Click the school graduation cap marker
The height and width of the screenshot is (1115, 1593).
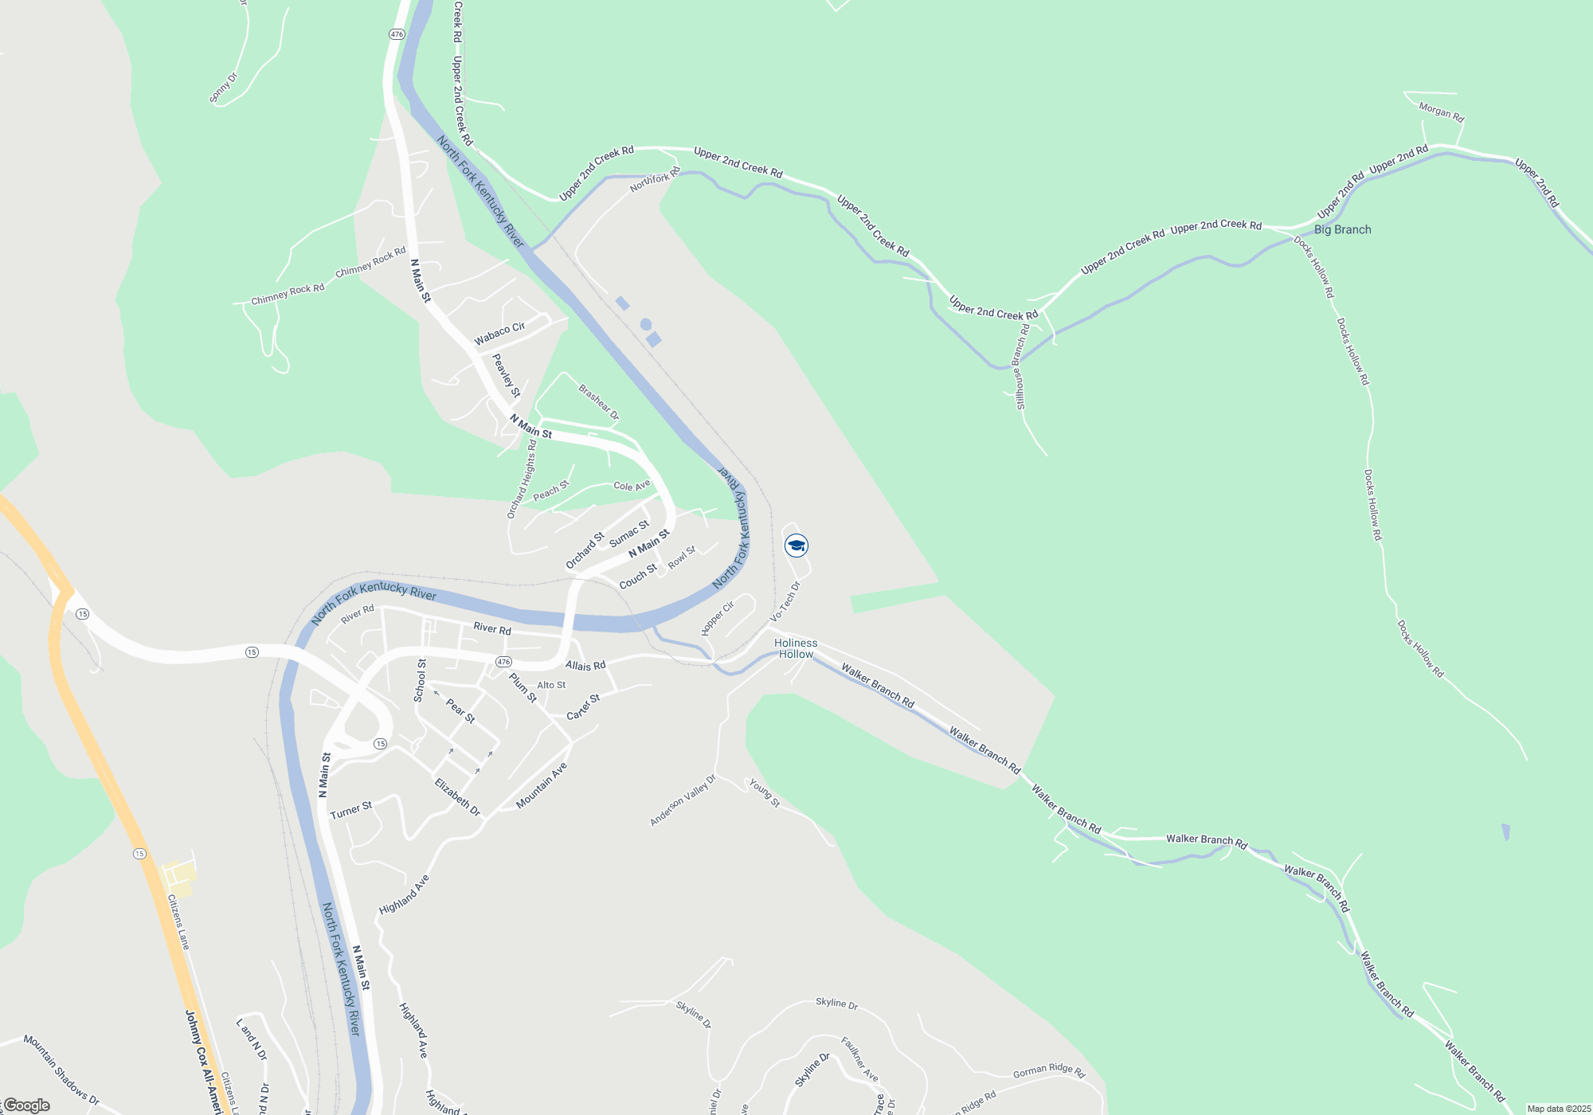tap(796, 546)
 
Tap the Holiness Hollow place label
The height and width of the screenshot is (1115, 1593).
tap(796, 648)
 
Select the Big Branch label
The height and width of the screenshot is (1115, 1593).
tap(1342, 229)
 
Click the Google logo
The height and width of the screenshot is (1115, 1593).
tap(27, 1105)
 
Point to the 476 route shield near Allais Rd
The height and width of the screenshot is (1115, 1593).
tap(503, 662)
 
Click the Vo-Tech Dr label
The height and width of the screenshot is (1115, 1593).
tap(785, 602)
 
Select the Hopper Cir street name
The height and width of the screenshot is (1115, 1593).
tap(718, 619)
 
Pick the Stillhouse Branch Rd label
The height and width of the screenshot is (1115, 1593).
tap(1021, 366)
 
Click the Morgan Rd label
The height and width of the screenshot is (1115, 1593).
tap(1441, 112)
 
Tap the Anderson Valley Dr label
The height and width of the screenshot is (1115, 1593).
tap(683, 800)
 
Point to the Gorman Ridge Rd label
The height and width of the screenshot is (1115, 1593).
tap(1049, 1071)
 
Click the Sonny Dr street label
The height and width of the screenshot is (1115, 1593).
tap(223, 88)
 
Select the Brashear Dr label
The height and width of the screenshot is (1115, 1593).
tap(598, 402)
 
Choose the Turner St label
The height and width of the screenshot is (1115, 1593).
tap(350, 810)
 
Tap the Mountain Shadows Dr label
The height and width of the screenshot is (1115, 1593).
tap(61, 1070)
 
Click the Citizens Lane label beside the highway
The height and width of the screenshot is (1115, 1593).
tap(178, 921)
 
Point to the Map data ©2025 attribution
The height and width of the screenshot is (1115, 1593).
tap(1558, 1109)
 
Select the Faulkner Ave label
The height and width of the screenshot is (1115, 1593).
tap(859, 1059)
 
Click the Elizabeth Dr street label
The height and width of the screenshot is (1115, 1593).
tap(457, 797)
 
